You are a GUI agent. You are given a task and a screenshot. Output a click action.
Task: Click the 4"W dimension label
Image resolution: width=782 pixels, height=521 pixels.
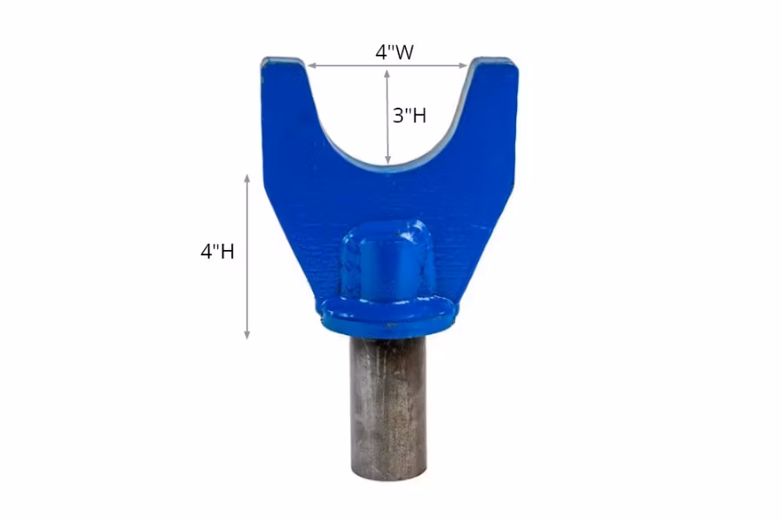pos(394,51)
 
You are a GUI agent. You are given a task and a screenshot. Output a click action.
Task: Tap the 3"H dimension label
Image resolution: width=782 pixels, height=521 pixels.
pos(409,115)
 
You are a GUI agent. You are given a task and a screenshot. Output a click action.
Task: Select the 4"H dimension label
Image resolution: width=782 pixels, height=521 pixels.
pos(217,252)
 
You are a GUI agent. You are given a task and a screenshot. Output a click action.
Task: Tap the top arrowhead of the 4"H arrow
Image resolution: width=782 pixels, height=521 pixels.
pos(248,178)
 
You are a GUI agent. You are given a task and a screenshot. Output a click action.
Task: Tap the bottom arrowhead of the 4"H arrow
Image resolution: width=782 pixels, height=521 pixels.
pos(248,334)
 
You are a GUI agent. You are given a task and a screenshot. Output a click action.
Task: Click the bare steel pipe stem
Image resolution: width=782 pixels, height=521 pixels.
pos(388,399)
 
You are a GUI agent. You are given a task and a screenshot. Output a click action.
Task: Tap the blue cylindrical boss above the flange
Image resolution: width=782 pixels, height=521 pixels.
pos(388,260)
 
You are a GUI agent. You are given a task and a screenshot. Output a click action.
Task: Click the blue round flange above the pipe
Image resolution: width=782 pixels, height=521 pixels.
pos(388,314)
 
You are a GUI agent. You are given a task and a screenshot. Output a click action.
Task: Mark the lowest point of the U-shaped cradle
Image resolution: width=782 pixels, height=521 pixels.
pos(388,168)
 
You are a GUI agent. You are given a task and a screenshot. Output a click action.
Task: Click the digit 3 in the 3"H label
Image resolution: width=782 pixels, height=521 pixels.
pos(398,115)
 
